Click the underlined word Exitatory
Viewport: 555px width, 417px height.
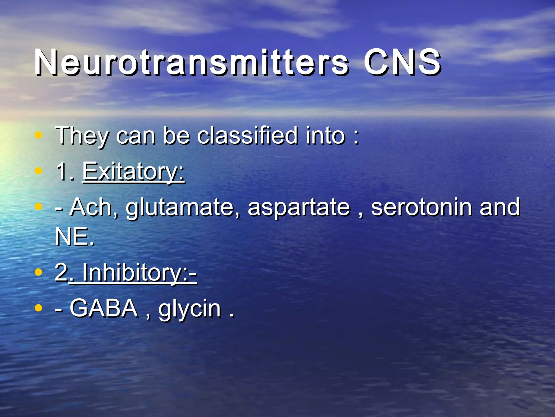click(133, 172)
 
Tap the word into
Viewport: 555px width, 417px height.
click(325, 135)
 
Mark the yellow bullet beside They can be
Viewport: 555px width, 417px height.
click(39, 135)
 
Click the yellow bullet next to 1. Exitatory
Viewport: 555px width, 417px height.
click(39, 171)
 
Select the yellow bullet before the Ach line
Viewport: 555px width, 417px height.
click(39, 207)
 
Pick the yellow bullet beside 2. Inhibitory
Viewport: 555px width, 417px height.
click(39, 272)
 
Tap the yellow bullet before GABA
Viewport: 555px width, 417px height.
click(39, 308)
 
